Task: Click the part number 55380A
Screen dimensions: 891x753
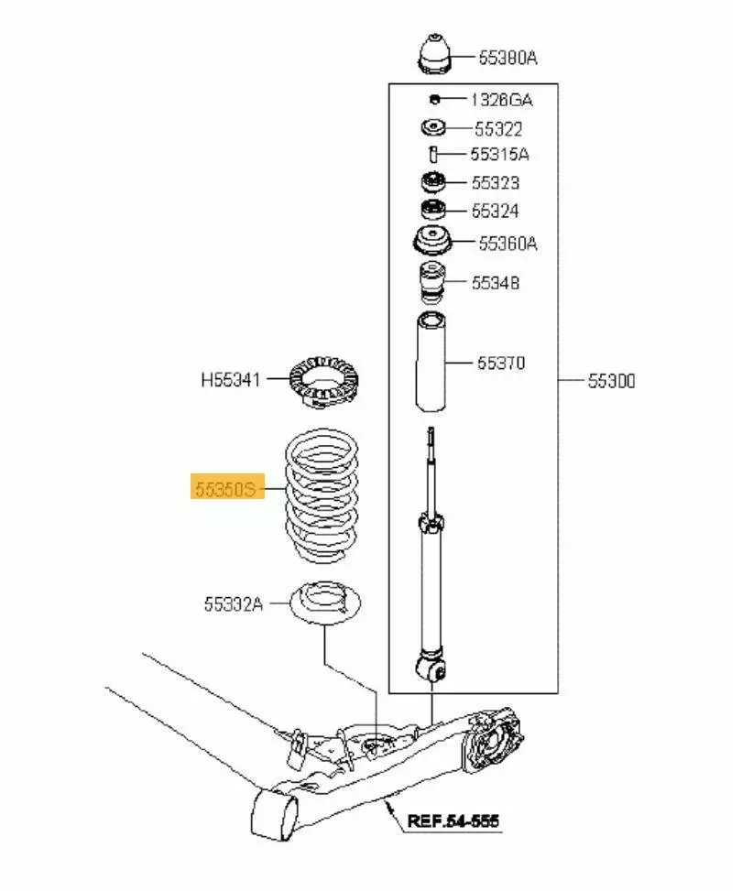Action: pyautogui.click(x=507, y=58)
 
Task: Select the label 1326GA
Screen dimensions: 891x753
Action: pyautogui.click(x=501, y=100)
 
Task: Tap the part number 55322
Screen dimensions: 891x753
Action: pyautogui.click(x=499, y=129)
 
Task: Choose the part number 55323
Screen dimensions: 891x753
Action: pyautogui.click(x=496, y=183)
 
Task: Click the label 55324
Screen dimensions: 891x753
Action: pyautogui.click(x=496, y=212)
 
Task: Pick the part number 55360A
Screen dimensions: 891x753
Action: pyautogui.click(x=507, y=244)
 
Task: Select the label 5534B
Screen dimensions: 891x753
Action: pyautogui.click(x=496, y=283)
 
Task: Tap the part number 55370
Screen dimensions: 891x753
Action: pyautogui.click(x=501, y=363)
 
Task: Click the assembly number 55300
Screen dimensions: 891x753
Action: pyautogui.click(x=611, y=380)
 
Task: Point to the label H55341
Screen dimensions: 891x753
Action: pyautogui.click(x=231, y=377)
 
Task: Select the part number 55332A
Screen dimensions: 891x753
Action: pyautogui.click(x=234, y=603)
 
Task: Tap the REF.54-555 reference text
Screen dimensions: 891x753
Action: pyautogui.click(x=453, y=820)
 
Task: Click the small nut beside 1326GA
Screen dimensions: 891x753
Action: pyautogui.click(x=437, y=99)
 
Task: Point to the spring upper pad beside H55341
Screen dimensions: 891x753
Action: pyautogui.click(x=323, y=380)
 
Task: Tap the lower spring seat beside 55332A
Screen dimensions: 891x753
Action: pyautogui.click(x=326, y=606)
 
